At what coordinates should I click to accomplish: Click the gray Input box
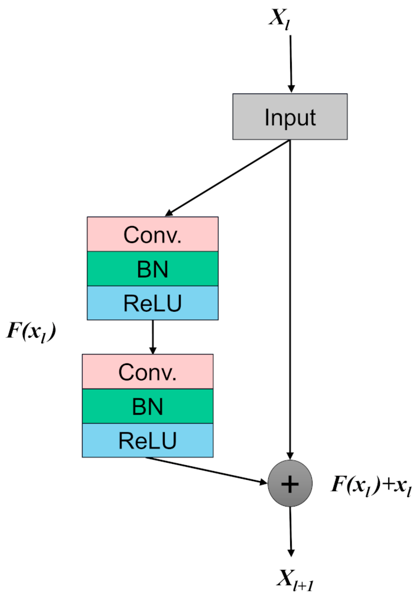tap(290, 117)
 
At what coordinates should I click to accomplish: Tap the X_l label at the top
tap(279, 19)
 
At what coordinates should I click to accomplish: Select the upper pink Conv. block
tap(152, 234)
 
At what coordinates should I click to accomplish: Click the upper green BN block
tap(152, 269)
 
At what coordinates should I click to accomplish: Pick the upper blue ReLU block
tap(152, 303)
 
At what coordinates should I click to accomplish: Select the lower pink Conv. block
tap(147, 372)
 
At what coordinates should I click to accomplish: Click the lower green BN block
tap(147, 406)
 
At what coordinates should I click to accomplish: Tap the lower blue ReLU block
tap(147, 441)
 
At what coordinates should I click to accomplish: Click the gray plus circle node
tap(290, 483)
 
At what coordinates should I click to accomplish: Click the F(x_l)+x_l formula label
tap(371, 485)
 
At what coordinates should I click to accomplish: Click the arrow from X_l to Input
tap(290, 62)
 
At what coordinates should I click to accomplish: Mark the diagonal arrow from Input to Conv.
tap(227, 178)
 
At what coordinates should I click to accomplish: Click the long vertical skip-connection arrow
tap(290, 296)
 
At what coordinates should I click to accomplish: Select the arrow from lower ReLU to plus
tap(206, 470)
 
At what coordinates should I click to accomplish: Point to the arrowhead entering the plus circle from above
tap(290, 456)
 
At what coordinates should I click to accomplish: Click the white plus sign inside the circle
tap(290, 485)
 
